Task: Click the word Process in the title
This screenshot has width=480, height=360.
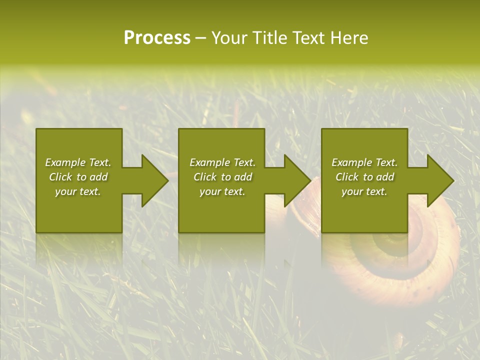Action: click(157, 38)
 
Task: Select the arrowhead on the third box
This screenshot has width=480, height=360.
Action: click(439, 180)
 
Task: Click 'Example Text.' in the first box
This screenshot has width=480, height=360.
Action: click(78, 162)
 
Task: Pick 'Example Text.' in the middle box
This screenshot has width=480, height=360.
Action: click(222, 162)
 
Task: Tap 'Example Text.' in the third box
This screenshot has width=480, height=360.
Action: click(364, 162)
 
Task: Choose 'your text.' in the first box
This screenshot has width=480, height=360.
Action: click(78, 191)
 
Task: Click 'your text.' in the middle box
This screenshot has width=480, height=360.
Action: click(222, 191)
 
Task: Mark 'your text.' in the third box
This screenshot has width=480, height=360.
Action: click(364, 191)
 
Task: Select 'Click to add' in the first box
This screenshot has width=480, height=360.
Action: click(78, 177)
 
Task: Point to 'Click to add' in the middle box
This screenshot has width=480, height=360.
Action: click(222, 177)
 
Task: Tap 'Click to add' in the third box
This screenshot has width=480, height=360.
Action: click(364, 177)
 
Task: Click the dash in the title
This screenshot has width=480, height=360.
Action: click(200, 38)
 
